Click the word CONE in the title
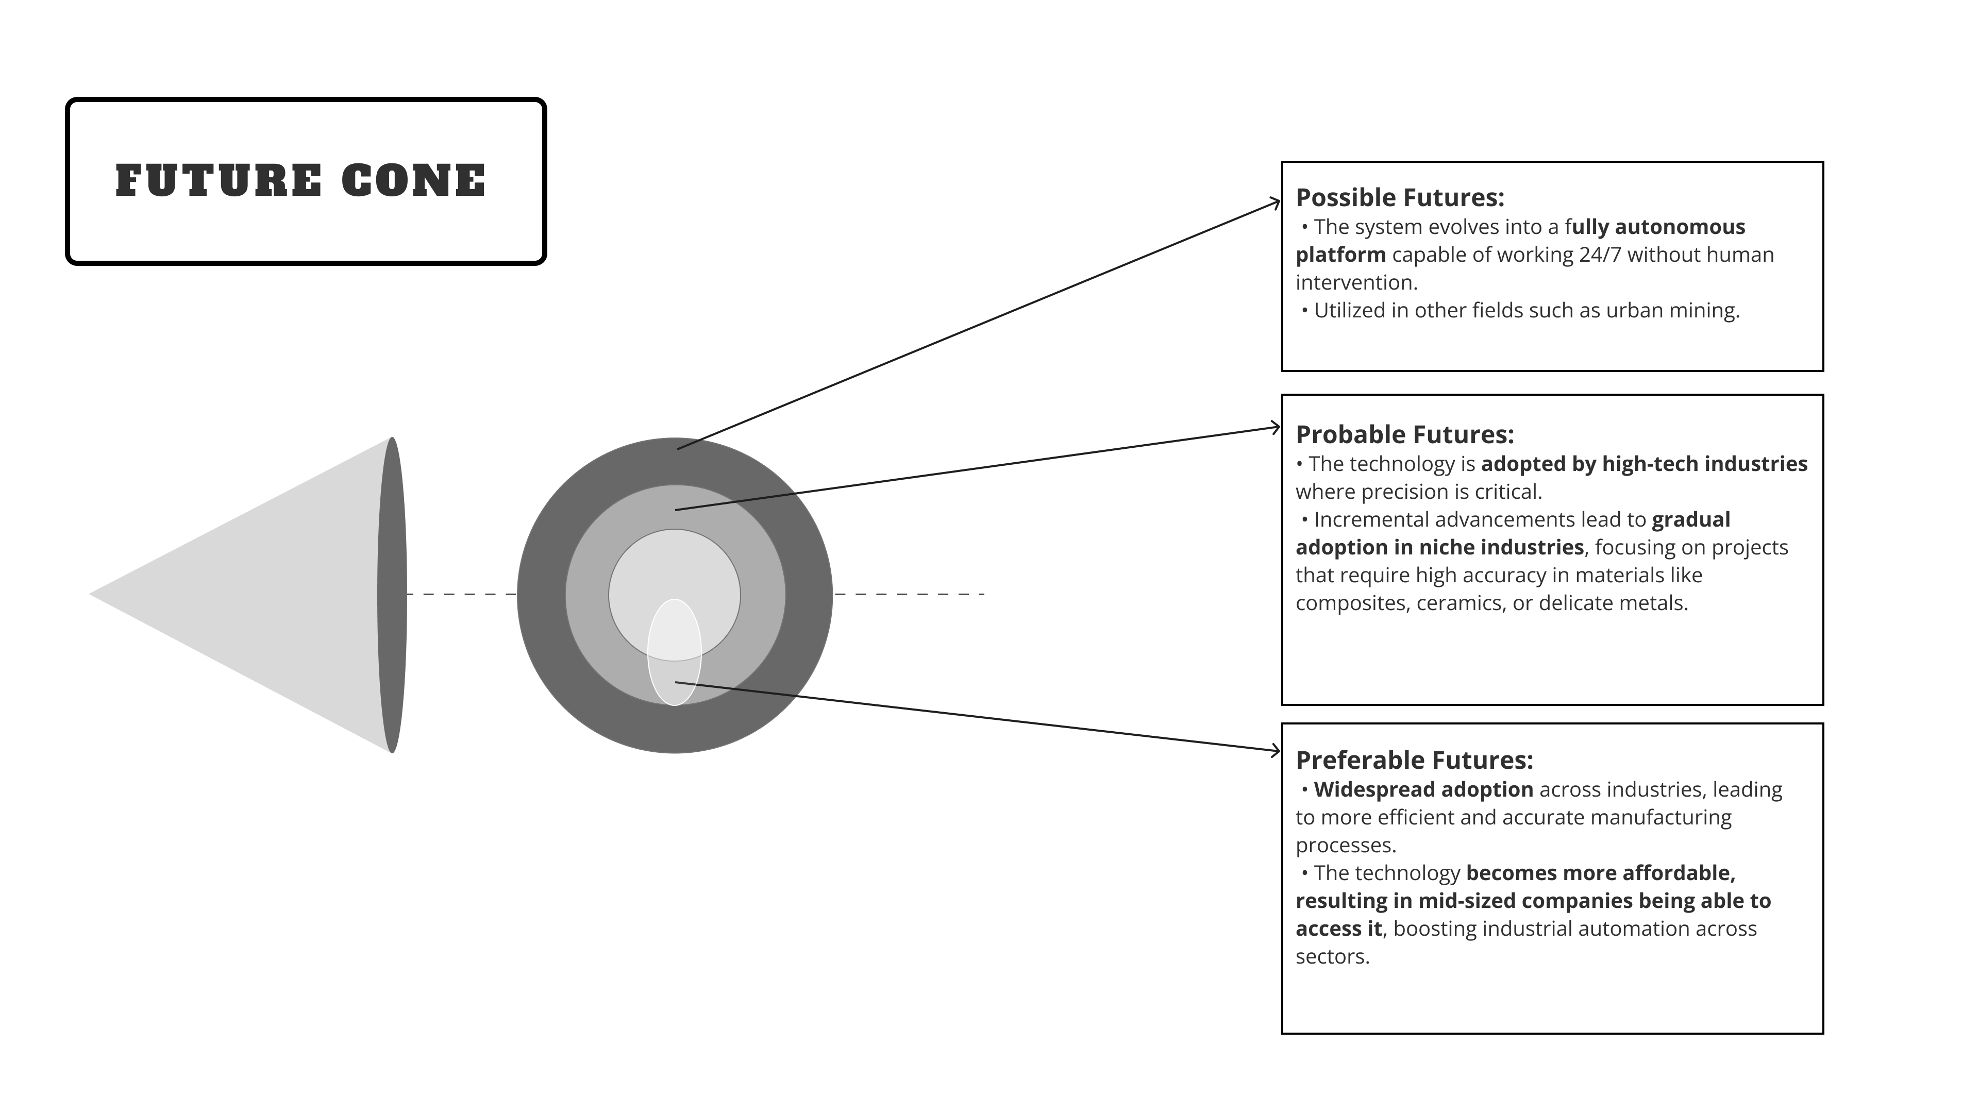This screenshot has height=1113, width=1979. (x=413, y=181)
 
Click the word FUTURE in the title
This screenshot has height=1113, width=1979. (x=219, y=181)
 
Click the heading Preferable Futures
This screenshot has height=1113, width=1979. (x=1414, y=761)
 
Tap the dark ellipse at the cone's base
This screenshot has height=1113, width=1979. (x=392, y=595)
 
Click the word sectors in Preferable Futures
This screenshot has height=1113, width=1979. (x=1331, y=957)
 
